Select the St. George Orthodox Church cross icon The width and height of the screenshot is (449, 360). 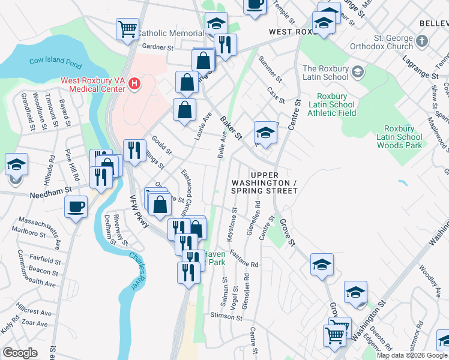click(x=422, y=41)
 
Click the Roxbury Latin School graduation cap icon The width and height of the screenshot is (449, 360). click(x=358, y=73)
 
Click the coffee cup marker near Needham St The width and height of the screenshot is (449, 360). click(x=76, y=208)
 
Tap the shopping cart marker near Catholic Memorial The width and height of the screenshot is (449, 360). click(x=127, y=29)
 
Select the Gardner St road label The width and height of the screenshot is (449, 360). click(x=157, y=46)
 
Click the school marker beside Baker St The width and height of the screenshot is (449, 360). click(x=265, y=133)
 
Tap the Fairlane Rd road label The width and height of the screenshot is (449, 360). click(x=243, y=260)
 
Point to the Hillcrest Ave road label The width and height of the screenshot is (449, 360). click(x=34, y=312)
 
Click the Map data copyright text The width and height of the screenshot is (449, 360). click(x=412, y=355)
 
